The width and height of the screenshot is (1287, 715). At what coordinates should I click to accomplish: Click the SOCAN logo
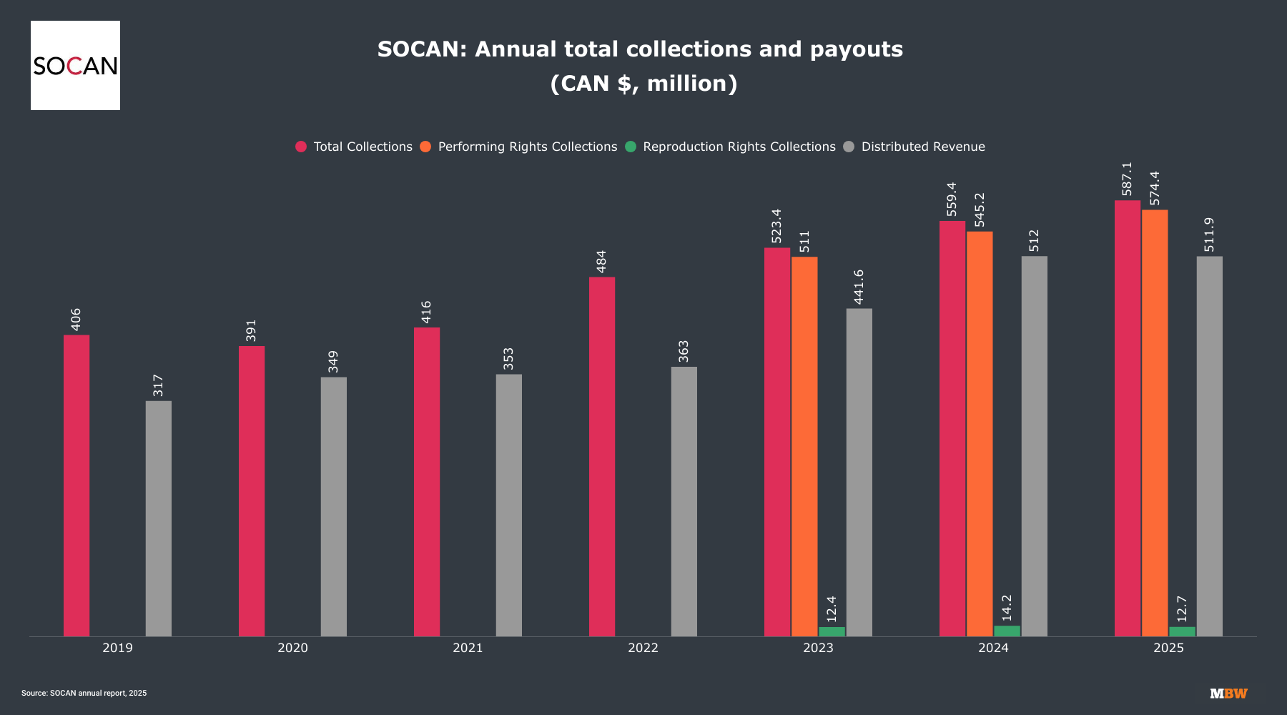(x=75, y=65)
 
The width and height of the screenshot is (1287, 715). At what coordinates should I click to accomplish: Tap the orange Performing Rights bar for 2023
(x=804, y=446)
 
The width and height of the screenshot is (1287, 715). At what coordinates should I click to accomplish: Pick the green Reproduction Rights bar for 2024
(x=1007, y=631)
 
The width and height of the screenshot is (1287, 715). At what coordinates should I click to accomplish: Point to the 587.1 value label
(x=1128, y=179)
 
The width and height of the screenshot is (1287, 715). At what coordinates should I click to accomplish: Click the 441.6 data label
(x=859, y=287)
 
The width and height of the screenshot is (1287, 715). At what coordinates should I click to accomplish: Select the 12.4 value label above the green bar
(x=832, y=609)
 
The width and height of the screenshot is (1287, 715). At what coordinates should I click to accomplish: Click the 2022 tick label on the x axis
(x=643, y=648)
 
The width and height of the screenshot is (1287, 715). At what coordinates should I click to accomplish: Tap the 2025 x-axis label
(x=1168, y=648)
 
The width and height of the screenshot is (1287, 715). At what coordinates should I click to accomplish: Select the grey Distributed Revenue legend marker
(x=849, y=147)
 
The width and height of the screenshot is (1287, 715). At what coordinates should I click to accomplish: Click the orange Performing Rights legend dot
(x=425, y=147)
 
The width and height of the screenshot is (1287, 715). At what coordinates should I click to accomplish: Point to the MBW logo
(x=1228, y=694)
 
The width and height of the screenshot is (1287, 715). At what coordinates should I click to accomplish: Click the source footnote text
(x=84, y=693)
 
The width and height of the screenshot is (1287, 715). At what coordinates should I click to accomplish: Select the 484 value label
(x=601, y=261)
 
